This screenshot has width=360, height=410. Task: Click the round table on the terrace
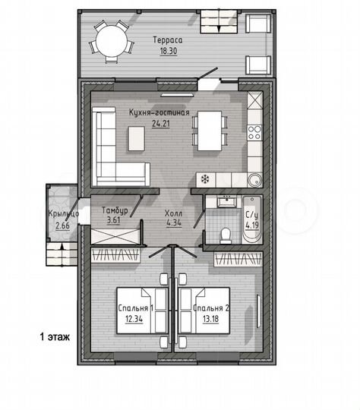(112, 40)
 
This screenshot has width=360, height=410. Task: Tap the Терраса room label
(167, 40)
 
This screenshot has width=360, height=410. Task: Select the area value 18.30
(169, 51)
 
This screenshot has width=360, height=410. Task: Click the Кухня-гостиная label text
(159, 112)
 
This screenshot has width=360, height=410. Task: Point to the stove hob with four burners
(254, 132)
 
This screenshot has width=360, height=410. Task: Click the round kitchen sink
(254, 180)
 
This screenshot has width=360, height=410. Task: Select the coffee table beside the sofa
(136, 138)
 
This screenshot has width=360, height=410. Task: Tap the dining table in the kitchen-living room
(210, 131)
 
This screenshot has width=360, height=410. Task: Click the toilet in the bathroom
(226, 235)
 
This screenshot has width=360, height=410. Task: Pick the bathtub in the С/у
(252, 219)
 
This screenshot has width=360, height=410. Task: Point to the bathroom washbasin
(227, 201)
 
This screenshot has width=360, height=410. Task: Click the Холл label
(173, 213)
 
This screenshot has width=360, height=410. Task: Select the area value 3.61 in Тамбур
(114, 220)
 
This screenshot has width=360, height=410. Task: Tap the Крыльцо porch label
(64, 214)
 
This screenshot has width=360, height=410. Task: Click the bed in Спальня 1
(142, 311)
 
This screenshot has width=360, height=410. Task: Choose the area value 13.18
(210, 319)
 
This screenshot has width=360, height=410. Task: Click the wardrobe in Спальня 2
(238, 259)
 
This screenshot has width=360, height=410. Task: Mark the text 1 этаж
(55, 337)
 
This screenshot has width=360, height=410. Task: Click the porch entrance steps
(62, 254)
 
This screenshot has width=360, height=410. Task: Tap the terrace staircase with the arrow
(219, 22)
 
